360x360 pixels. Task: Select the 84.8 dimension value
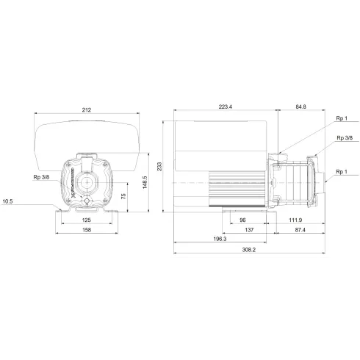(x=300, y=108)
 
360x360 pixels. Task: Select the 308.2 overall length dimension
(x=248, y=251)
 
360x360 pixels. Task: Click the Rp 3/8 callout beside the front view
(x=41, y=176)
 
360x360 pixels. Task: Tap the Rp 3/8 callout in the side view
(x=344, y=138)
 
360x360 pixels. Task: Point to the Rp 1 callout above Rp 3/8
(x=341, y=118)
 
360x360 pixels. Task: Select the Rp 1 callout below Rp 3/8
(x=341, y=172)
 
